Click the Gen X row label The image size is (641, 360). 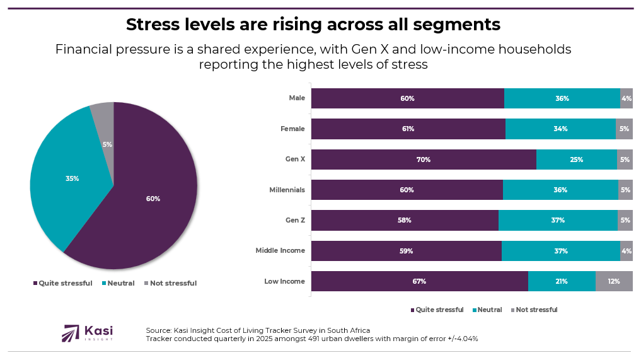pyautogui.click(x=294, y=160)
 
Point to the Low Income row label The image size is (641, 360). pyautogui.click(x=284, y=281)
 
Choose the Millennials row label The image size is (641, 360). pyautogui.click(x=287, y=190)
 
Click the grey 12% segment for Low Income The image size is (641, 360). pyautogui.click(x=614, y=281)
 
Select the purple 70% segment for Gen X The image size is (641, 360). pyautogui.click(x=423, y=160)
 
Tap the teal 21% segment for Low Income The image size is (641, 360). pyautogui.click(x=562, y=281)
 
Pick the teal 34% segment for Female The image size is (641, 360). pyautogui.click(x=560, y=129)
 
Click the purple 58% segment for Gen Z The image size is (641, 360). pyautogui.click(x=405, y=220)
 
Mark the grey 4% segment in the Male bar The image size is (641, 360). pyautogui.click(x=626, y=98)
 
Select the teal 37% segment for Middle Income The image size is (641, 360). pyautogui.click(x=560, y=251)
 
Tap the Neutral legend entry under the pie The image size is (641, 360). pyautogui.click(x=118, y=283)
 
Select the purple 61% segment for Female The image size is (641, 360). pyautogui.click(x=408, y=129)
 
